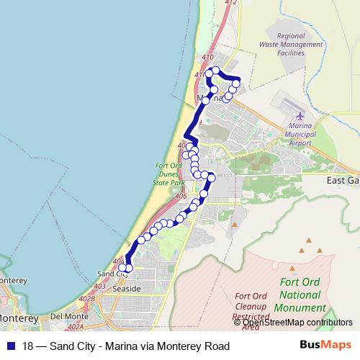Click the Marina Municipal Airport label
(301, 134)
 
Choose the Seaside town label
(127, 288)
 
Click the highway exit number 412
(230, 4)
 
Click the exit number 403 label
(99, 286)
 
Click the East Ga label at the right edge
(342, 181)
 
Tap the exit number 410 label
(209, 58)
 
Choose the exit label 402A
(76, 327)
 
